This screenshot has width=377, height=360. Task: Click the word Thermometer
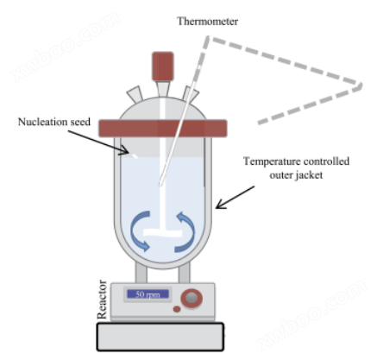[x=207, y=22]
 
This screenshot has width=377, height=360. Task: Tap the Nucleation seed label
[x=54, y=122]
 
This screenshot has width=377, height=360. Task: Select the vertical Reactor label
[x=102, y=300]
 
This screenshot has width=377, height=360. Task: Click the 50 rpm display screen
[x=148, y=294]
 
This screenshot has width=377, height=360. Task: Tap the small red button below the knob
[x=177, y=309]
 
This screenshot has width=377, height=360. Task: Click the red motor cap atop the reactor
[x=163, y=66]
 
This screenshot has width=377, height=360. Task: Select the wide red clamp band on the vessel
[x=163, y=129]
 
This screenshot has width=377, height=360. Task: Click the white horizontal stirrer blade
[x=163, y=233]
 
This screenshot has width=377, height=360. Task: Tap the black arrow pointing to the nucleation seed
[x=98, y=142]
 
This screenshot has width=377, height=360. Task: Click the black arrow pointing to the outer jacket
[x=236, y=197]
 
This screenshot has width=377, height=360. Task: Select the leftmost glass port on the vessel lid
[x=135, y=94]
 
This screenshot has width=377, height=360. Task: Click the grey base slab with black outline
[x=160, y=337]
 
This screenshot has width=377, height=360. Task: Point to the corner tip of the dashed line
[x=360, y=85]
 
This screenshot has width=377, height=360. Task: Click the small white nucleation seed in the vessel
[x=135, y=156]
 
